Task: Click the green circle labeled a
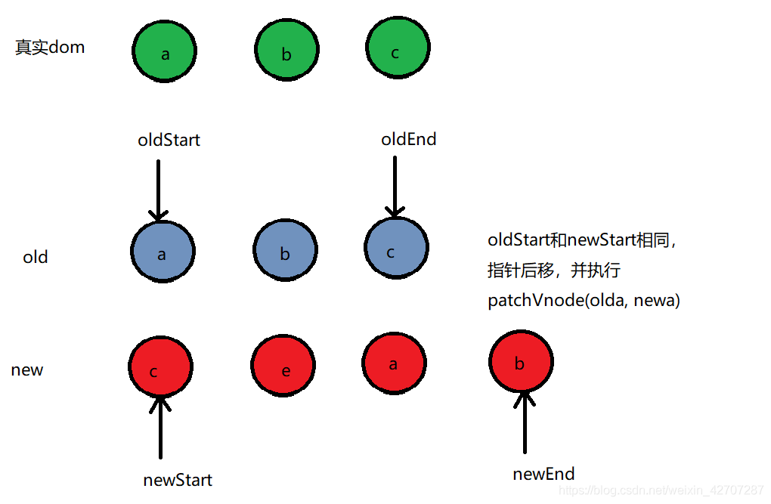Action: point(164,51)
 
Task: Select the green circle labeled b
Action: point(286,49)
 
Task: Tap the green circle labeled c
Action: point(398,48)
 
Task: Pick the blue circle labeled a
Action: point(163,252)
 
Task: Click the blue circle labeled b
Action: point(285,250)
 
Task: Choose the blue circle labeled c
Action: point(396,248)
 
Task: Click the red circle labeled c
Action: point(161,366)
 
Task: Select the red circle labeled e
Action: point(283,366)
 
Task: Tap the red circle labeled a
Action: point(395,363)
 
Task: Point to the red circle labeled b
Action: point(522,361)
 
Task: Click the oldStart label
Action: point(169,140)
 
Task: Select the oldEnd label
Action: point(409,139)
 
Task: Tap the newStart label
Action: point(178,480)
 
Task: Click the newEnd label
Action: point(543,474)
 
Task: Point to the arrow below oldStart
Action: point(158,190)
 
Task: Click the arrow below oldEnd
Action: point(395,187)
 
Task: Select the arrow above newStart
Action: point(160,427)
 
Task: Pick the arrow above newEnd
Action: point(525,422)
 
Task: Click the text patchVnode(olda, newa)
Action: point(584,300)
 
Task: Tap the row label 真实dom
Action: point(50,47)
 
